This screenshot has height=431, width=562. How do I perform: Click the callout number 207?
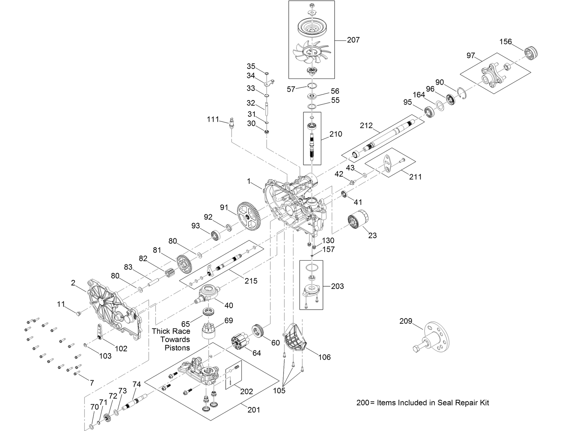pos(353,40)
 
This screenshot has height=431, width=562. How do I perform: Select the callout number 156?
pos(505,42)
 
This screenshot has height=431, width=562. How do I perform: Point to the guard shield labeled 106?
pos(295,337)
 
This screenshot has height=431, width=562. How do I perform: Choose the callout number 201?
pos(253,410)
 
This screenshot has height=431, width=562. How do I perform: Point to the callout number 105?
pos(279,391)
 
